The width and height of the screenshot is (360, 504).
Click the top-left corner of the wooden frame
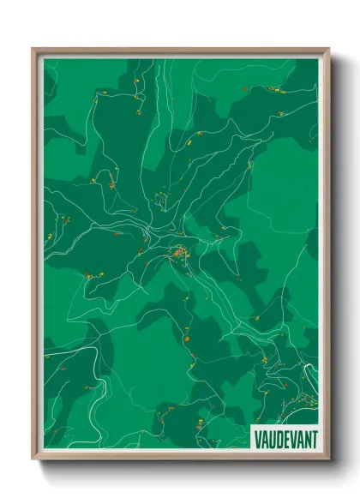point(33,49)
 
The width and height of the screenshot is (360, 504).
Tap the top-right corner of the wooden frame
point(328,49)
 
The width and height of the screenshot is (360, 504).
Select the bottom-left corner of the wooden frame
point(33,460)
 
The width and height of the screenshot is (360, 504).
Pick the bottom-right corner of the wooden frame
point(328,460)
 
